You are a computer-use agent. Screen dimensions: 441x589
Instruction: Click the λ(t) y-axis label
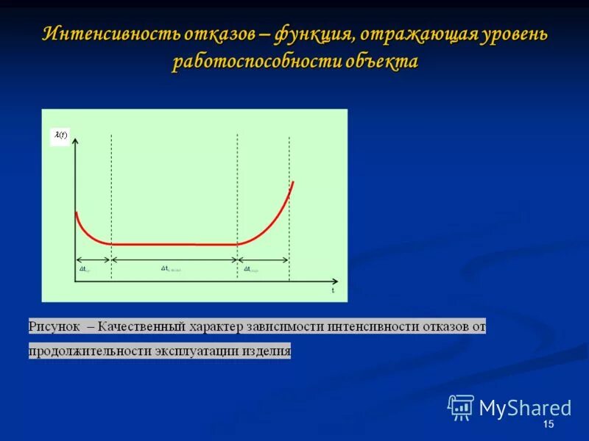click(60, 136)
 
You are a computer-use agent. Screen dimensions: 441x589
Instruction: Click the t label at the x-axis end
click(333, 290)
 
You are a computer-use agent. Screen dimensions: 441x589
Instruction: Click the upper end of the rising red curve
click(293, 182)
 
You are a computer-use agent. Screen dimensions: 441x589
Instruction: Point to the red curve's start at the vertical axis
click(77, 213)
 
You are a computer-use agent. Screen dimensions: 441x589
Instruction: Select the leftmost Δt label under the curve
click(85, 270)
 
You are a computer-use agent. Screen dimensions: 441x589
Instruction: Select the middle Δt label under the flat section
click(170, 269)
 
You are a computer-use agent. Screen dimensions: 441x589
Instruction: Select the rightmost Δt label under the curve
click(250, 270)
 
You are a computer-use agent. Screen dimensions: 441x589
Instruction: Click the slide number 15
click(548, 426)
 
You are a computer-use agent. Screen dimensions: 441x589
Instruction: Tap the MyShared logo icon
click(461, 407)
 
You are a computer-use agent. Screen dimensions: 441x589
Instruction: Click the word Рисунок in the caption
click(54, 326)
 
